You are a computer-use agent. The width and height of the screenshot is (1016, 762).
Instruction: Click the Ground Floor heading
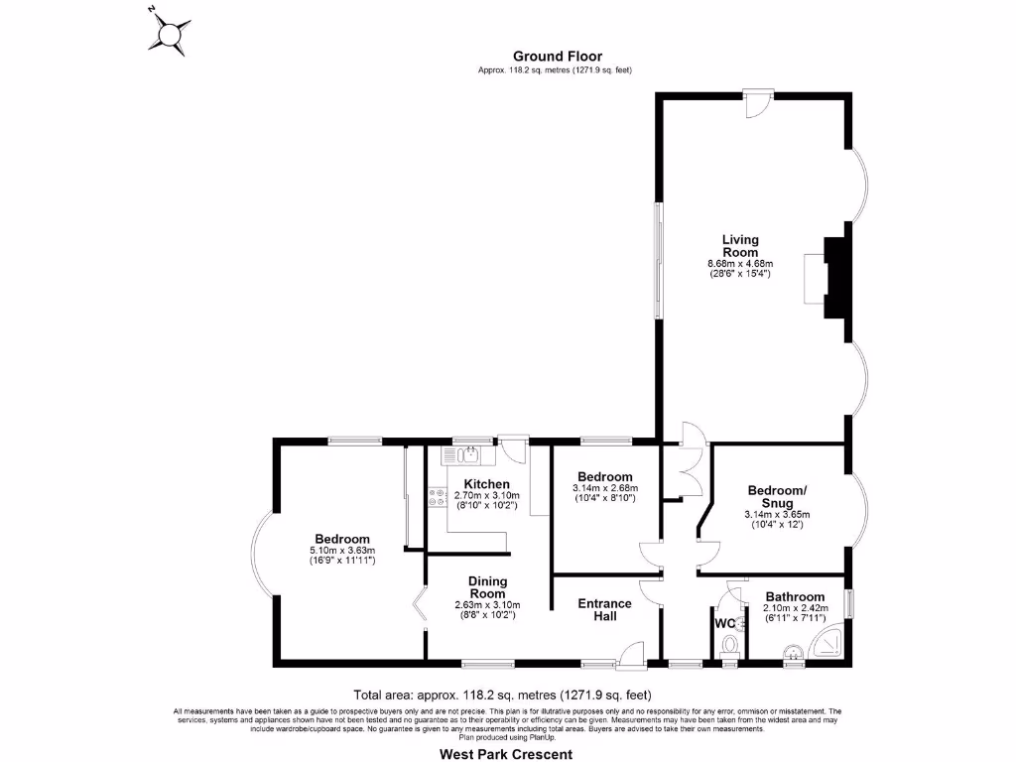click(557, 57)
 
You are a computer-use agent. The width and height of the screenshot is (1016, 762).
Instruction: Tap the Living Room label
click(740, 246)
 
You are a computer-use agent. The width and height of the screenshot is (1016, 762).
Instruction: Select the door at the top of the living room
click(758, 102)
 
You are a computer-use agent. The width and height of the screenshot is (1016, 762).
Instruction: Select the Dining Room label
click(487, 587)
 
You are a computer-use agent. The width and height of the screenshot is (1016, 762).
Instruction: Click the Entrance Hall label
click(605, 609)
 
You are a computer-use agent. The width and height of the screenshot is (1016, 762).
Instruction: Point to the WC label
click(724, 624)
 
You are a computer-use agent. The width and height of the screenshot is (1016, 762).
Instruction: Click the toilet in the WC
click(731, 647)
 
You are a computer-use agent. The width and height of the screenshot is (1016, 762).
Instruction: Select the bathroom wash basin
click(793, 653)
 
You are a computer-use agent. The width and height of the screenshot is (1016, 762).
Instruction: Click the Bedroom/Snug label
click(777, 496)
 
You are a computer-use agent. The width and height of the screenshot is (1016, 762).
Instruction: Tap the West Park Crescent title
click(506, 754)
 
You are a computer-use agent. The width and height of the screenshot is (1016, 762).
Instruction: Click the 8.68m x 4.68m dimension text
click(740, 263)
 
